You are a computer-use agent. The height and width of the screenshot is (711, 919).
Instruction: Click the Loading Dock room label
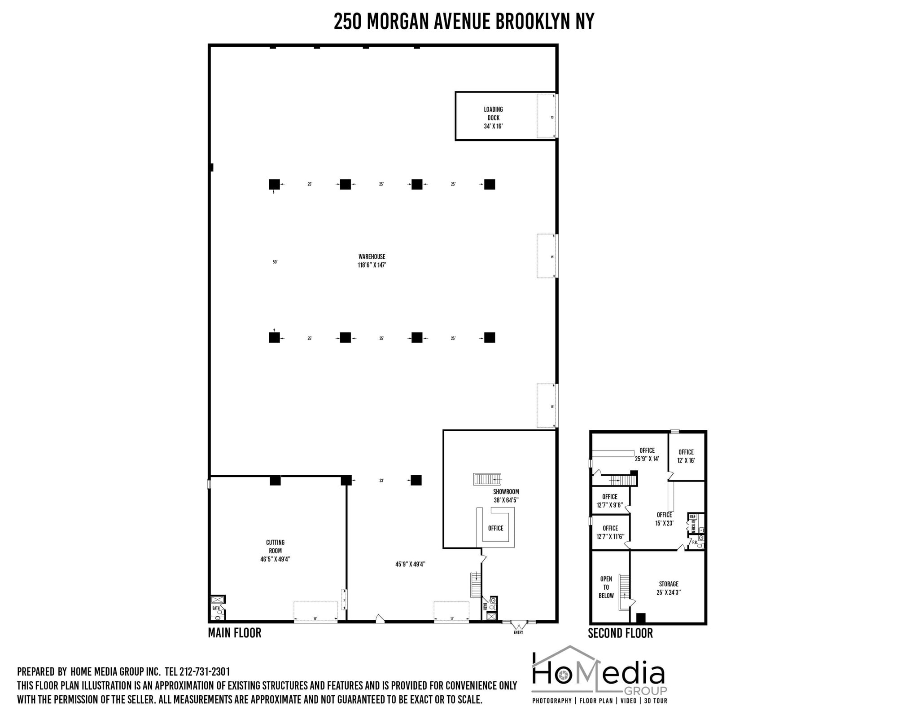pos(493,118)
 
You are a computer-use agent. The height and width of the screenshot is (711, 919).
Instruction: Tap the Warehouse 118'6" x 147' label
pos(372,261)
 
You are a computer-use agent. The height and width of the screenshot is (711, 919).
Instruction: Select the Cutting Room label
pos(275,551)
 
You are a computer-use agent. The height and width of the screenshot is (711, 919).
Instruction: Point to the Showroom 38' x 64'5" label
pos(506,496)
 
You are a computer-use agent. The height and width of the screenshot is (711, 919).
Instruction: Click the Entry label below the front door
pos(518,632)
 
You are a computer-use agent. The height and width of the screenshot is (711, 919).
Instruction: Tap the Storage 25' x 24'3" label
pos(668,588)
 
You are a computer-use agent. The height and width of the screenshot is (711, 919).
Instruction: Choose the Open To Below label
pos(606,587)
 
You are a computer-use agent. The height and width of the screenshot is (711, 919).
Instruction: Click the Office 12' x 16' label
pos(686,456)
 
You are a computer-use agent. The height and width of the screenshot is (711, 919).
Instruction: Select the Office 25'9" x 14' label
pos(647,455)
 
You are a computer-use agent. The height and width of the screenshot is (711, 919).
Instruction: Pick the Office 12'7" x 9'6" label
pos(610,501)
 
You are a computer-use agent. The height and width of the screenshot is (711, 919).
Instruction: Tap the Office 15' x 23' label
pos(664,519)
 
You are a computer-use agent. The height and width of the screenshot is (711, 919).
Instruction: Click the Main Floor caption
pos(234,633)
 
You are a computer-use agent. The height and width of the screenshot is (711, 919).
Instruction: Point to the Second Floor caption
pos(620,633)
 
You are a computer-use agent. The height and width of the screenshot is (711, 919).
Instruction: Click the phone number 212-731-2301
pos(205,671)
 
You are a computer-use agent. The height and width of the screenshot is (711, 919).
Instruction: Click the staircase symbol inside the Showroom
pos(487,479)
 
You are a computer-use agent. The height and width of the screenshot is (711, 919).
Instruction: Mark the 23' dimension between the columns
pos(381,481)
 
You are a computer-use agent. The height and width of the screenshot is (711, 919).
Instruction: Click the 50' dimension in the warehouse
pos(275,262)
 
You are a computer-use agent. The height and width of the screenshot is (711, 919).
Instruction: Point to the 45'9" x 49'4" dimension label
pos(410,564)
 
